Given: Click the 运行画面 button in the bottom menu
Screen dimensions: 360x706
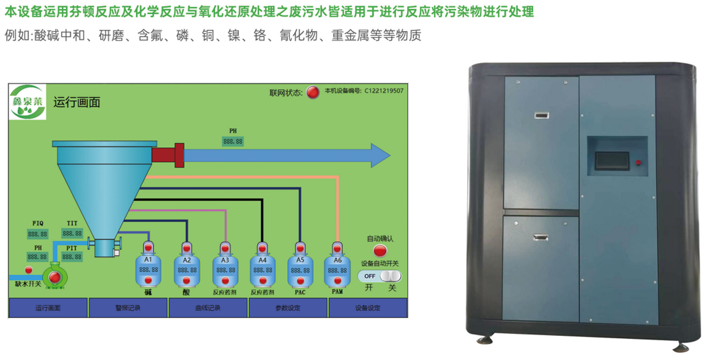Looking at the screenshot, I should (48, 308).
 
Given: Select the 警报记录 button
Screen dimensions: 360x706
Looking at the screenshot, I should (128, 308).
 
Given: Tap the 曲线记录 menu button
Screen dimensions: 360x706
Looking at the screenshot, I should (208, 308).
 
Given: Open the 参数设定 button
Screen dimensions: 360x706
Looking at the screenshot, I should (288, 308).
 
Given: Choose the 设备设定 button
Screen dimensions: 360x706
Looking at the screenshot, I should (368, 308).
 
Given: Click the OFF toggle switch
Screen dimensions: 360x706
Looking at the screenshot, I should (381, 276).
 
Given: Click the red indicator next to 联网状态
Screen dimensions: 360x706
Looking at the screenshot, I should (313, 92).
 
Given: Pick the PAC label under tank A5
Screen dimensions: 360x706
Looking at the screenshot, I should (299, 291).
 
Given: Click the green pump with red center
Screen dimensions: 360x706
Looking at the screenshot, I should (55, 276).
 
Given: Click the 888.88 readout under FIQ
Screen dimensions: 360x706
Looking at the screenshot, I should (37, 234).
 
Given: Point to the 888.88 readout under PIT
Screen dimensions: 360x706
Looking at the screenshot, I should (73, 257).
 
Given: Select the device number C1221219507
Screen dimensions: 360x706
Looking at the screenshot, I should (384, 91).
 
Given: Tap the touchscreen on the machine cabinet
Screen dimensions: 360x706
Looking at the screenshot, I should (614, 160).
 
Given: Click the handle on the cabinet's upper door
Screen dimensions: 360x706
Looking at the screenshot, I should (541, 116).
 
